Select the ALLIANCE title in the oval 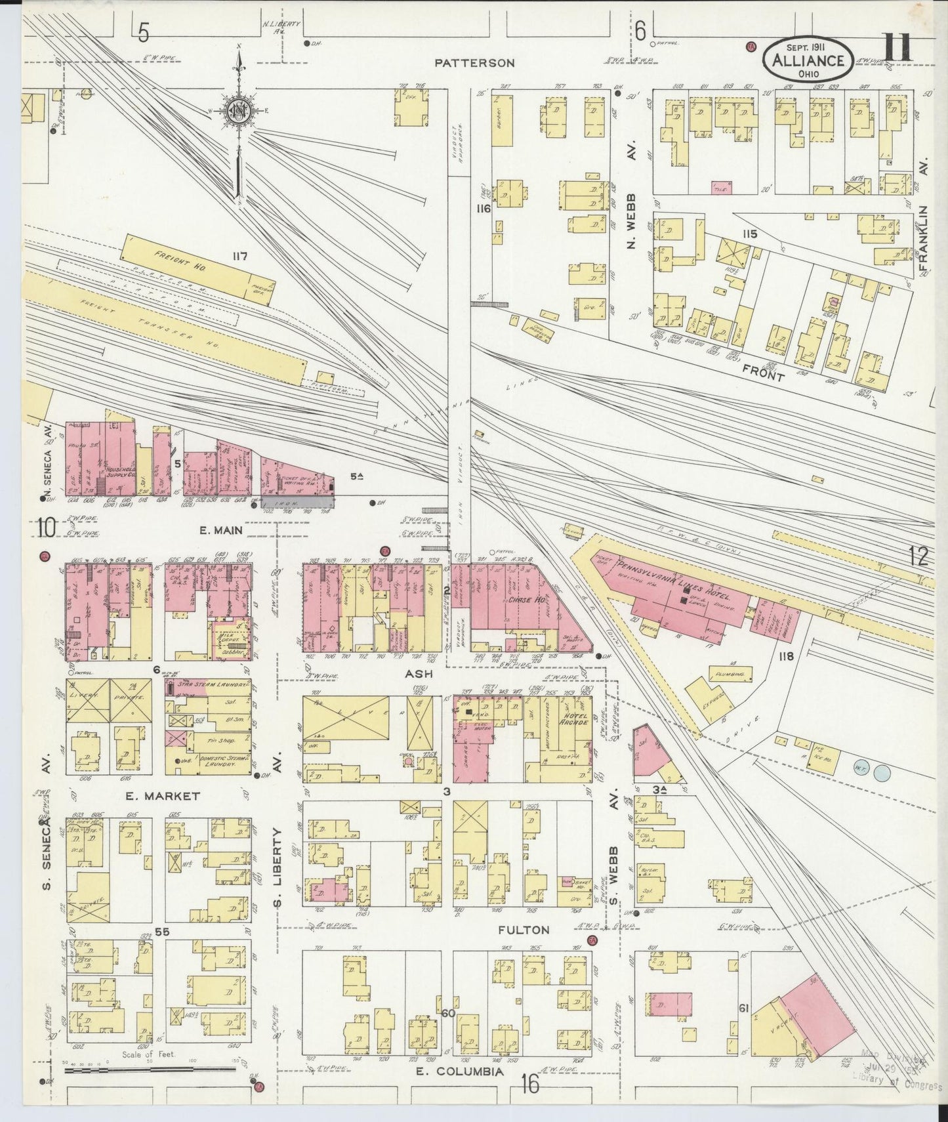(x=808, y=60)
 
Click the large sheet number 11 (x=897, y=49)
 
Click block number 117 (x=239, y=257)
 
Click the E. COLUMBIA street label (x=461, y=1071)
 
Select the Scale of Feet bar (x=150, y=1070)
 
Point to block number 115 (x=749, y=234)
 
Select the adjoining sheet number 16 (x=529, y=1085)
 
